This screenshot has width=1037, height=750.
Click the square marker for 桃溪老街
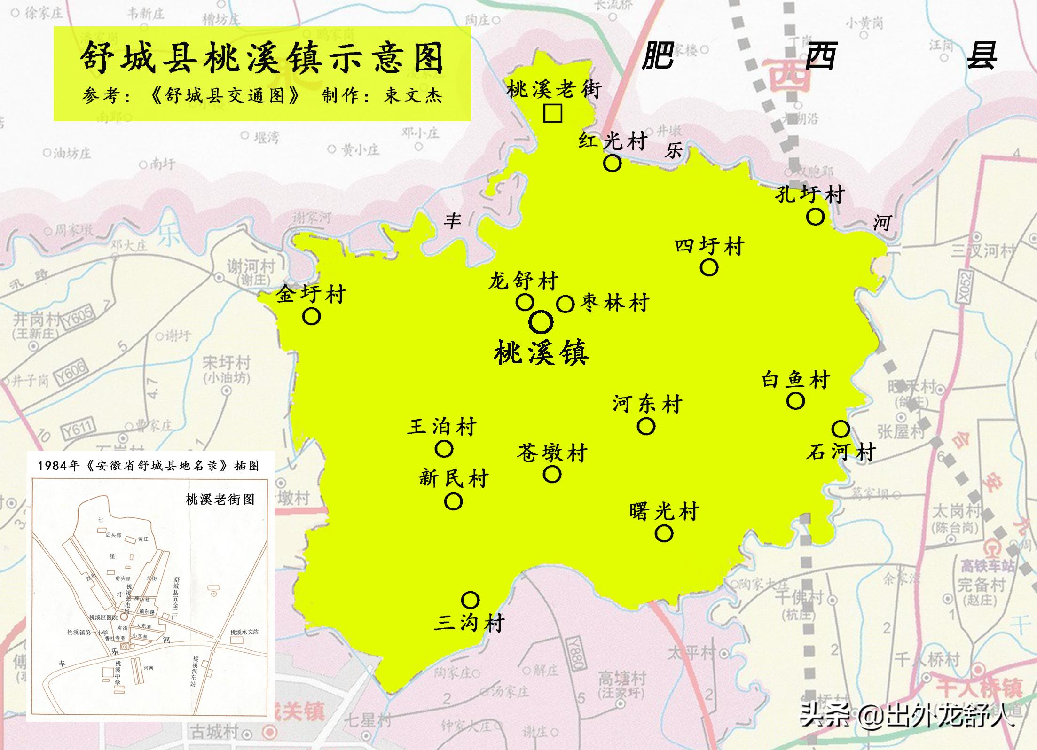pyautogui.click(x=552, y=113)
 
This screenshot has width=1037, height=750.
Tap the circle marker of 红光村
pyautogui.click(x=612, y=163)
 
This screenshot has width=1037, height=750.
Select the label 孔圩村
pyautogui.click(x=809, y=194)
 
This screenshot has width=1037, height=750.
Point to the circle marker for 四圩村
pyautogui.click(x=709, y=267)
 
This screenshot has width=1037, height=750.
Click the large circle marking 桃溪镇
pyautogui.click(x=541, y=322)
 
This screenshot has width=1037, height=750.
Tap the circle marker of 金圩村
pyautogui.click(x=311, y=316)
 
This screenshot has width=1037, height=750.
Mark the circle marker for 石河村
pyautogui.click(x=841, y=429)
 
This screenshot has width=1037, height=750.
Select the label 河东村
pyautogui.click(x=647, y=404)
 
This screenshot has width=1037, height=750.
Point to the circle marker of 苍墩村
pyautogui.click(x=552, y=475)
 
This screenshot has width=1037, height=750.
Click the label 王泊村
pyautogui.click(x=442, y=427)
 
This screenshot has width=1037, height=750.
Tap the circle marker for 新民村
pyautogui.click(x=453, y=501)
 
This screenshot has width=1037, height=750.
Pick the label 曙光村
pyautogui.click(x=664, y=511)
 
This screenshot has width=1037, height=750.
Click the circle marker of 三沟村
pyautogui.click(x=470, y=600)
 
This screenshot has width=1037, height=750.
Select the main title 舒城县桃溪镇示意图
pyautogui.click(x=262, y=58)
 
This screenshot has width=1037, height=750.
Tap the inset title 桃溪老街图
pyautogui.click(x=220, y=499)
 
